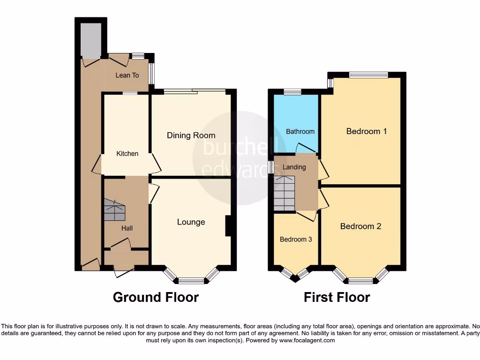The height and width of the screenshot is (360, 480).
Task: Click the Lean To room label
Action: click(127, 75)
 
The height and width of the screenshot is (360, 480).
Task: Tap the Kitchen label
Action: click(127, 153)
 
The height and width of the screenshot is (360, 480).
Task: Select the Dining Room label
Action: click(191, 135)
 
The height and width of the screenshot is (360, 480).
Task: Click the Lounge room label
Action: click(191, 222)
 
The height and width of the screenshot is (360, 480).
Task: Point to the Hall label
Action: click(127, 228)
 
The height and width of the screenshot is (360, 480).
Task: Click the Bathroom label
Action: click(300, 131)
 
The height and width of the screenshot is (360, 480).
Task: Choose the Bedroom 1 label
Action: click(366, 131)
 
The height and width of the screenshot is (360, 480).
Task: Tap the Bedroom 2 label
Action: click(360, 226)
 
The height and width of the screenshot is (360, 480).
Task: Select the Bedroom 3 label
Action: click(296, 239)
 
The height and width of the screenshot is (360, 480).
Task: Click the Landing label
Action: click(294, 167)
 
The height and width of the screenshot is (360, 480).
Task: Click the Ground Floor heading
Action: click(156, 297)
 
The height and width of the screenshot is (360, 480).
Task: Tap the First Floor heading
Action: click(337, 297)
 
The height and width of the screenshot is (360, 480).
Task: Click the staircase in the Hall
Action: click(115, 210)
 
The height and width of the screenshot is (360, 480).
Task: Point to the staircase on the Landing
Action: click(285, 194)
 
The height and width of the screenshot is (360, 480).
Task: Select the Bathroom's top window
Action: click(292, 92)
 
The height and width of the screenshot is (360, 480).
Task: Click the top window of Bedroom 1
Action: click(368, 75)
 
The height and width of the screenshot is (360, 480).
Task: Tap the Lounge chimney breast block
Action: click(229, 226)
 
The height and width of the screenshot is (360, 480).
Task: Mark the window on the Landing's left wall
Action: click(271, 167)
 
